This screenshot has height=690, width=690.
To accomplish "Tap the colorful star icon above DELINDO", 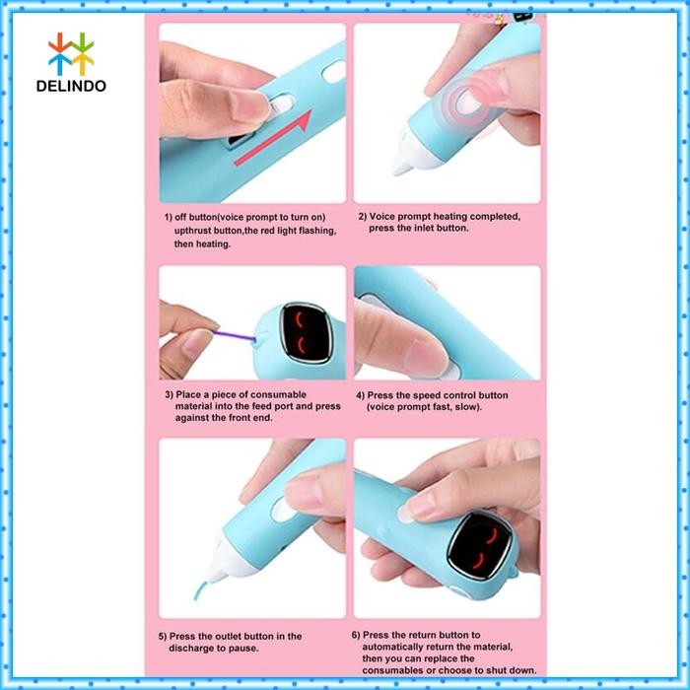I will tap(71, 53).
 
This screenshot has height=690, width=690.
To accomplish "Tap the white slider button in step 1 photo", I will tap(284, 105).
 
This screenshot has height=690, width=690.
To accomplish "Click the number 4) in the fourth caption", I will tap(361, 394).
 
